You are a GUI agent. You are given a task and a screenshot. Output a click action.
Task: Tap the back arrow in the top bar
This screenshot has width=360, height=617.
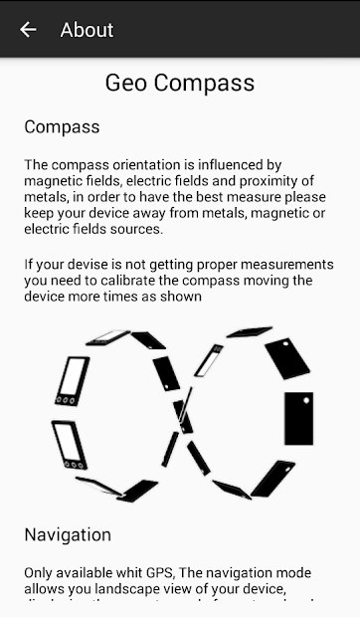pos(28,30)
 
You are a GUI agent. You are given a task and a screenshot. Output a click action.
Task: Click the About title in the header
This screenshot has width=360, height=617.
pos(87,30)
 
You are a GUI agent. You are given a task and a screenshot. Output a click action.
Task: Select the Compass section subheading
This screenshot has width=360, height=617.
pos(62,127)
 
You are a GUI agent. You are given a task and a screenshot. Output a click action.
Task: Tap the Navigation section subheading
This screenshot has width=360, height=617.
pos(68,534)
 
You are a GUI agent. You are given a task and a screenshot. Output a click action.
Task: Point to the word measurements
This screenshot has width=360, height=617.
pos(283,264)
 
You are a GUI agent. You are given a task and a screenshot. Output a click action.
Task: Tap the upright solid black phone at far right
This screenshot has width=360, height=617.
pos(297,418)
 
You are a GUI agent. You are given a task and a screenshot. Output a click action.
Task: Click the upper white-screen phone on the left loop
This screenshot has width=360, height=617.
pos(72,380)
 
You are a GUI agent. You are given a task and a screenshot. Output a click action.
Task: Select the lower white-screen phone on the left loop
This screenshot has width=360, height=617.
pos(69,444)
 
